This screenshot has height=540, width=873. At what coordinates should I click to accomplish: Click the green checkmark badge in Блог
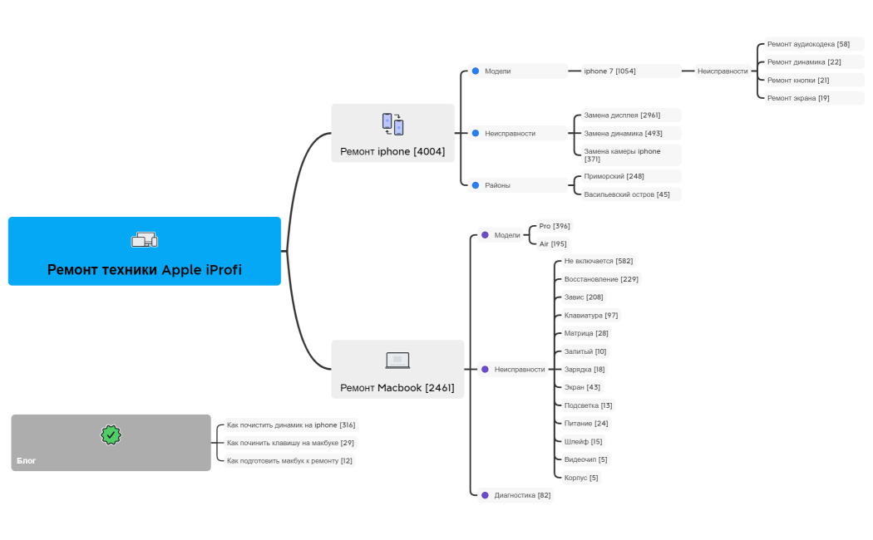[111, 434]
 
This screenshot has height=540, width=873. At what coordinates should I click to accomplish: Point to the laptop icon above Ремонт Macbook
[397, 361]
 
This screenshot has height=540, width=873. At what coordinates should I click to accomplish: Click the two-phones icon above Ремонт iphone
[392, 124]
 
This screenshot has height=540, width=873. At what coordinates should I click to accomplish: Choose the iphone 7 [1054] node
[609, 71]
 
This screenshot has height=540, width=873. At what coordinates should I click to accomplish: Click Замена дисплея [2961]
[622, 115]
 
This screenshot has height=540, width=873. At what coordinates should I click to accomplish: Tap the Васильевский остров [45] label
[627, 194]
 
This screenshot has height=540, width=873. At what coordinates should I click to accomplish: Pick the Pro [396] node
[555, 226]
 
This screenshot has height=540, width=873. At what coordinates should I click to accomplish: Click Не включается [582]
[599, 261]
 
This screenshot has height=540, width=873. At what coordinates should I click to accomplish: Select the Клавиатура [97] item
[591, 315]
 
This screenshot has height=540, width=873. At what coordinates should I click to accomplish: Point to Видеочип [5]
[586, 459]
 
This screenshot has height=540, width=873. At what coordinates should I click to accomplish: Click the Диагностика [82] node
[522, 495]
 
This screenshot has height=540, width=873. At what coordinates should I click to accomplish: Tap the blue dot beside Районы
[476, 185]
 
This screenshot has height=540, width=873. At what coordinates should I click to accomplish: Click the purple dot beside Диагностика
[485, 495]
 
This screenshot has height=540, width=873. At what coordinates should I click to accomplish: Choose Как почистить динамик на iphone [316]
[290, 425]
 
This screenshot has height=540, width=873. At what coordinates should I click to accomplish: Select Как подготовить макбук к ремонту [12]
[289, 461]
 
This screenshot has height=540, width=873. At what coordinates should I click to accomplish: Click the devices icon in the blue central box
[144, 240]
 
